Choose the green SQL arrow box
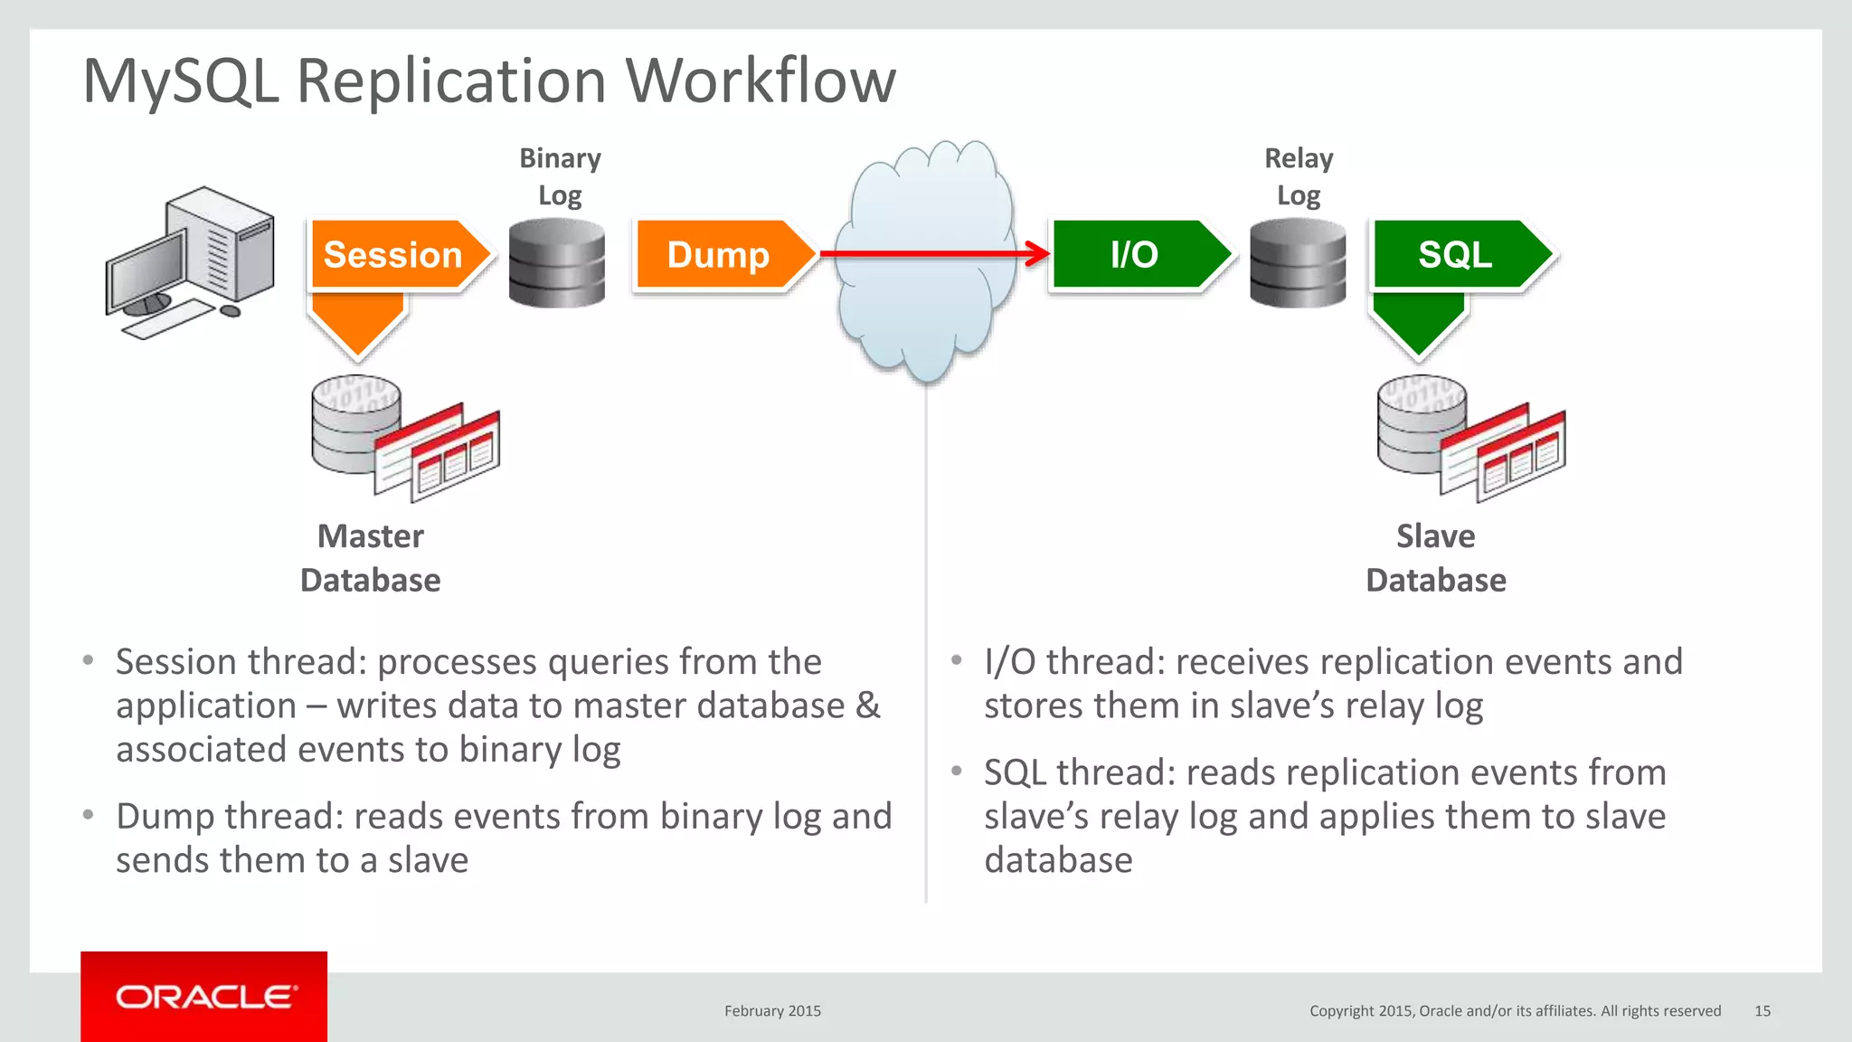[x=1457, y=255]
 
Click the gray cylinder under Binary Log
[x=556, y=263]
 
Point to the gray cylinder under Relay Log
[x=1298, y=263]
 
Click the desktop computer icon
[x=191, y=261]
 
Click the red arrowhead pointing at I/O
[x=1037, y=254]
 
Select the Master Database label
[x=371, y=558]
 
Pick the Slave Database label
[x=1436, y=558]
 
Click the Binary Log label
[x=560, y=176]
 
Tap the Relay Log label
[x=1299, y=176]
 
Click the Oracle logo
[x=204, y=997]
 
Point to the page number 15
[x=1762, y=1011]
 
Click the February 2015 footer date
[x=772, y=1011]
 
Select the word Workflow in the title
[x=761, y=81]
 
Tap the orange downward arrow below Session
[x=357, y=325]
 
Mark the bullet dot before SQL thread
[x=957, y=772]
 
